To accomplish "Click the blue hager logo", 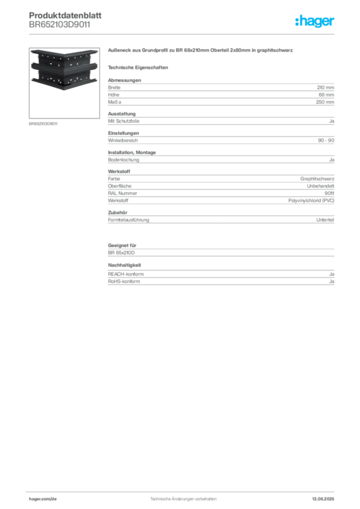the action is [x=315, y=21].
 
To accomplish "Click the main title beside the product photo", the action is [x=200, y=51].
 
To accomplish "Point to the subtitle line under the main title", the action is [x=140, y=67].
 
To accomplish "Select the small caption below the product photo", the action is [x=44, y=123].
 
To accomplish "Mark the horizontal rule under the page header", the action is [x=183, y=33].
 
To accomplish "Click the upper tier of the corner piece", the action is [x=63, y=58].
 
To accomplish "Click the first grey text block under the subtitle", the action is [x=220, y=90].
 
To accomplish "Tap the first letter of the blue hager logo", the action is [x=297, y=21].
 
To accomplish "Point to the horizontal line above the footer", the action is [x=183, y=490].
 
